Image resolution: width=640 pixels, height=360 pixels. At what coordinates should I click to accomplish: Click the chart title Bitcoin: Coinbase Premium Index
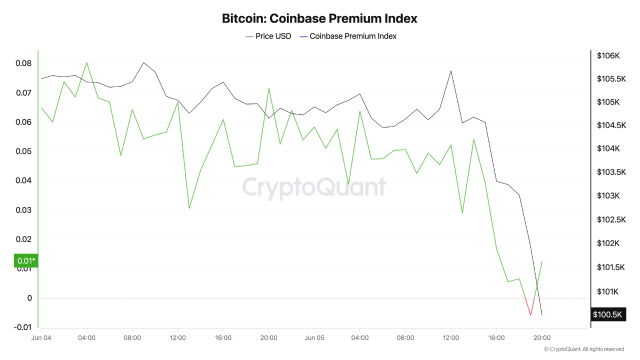(319, 19)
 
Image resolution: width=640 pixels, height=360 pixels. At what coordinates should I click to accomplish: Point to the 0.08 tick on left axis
(23, 63)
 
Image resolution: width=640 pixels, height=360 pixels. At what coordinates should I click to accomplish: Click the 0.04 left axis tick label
(23, 180)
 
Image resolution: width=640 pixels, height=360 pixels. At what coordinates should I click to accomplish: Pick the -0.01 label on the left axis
(22, 327)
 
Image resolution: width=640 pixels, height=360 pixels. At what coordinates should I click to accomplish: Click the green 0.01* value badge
(26, 260)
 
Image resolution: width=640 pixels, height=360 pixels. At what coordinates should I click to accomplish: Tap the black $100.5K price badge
(607, 314)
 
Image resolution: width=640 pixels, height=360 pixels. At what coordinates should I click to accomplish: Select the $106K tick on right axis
(608, 55)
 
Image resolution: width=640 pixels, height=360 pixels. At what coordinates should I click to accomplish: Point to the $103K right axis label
(608, 195)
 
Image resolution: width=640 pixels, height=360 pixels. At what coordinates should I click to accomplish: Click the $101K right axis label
(608, 291)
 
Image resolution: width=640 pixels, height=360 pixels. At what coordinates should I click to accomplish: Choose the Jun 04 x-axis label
(41, 338)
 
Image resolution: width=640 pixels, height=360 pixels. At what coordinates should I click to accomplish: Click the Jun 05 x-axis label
(314, 338)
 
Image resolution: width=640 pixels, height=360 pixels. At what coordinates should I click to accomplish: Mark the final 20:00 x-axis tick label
(542, 338)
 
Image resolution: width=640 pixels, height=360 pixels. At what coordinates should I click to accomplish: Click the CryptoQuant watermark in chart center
(314, 187)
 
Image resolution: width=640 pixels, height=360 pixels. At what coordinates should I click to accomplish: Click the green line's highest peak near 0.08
(86, 63)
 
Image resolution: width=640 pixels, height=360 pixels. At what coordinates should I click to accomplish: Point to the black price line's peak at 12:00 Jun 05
(451, 71)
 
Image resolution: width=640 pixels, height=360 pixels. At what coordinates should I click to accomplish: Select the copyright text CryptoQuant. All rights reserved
(583, 349)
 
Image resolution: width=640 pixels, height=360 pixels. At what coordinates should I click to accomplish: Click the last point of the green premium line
(542, 261)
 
